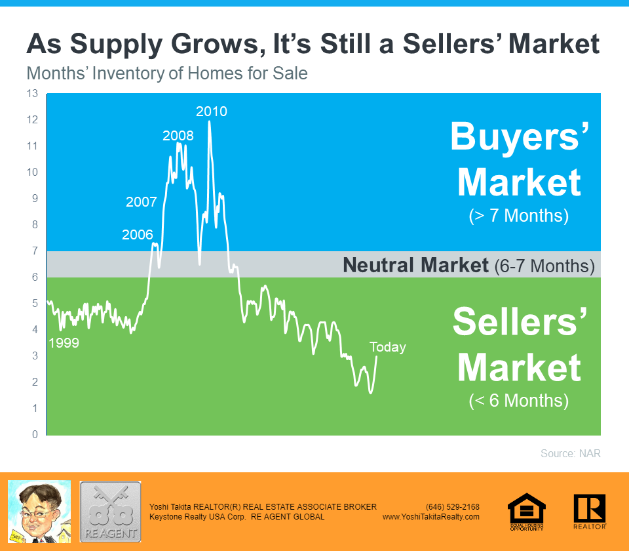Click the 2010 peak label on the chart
coord(212,112)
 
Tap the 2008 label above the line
coord(178,136)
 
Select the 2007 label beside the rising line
coord(142,201)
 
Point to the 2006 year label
coord(138,235)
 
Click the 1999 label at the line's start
coord(64,343)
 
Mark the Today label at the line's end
coord(387,347)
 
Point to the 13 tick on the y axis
coord(32,94)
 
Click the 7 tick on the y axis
coord(35,251)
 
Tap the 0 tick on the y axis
coord(35,434)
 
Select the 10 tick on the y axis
coord(32,172)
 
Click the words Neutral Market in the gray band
coord(416,265)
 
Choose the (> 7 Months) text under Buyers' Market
coord(519,216)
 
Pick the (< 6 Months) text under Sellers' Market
coord(519,400)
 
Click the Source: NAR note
coord(571,453)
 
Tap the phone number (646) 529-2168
coord(453,507)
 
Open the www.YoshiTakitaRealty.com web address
coord(431,517)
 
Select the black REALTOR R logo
coord(590,512)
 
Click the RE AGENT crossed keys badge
coord(110,512)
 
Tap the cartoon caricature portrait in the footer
coord(39,512)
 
